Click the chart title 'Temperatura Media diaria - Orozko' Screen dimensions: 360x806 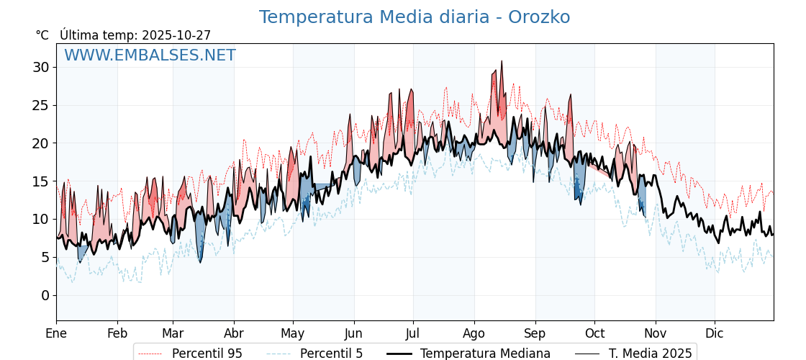[415, 17]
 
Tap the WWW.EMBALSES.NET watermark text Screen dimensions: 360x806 [150, 55]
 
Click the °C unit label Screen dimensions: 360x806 [42, 35]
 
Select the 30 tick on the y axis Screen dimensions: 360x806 [40, 67]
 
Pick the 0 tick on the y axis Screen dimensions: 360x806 [45, 295]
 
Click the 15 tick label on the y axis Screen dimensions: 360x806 [40, 181]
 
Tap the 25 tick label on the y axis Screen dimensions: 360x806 [40, 105]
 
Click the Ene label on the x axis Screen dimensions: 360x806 [56, 333]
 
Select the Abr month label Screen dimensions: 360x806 [234, 333]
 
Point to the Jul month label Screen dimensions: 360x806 [413, 333]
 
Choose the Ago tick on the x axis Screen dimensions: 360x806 [474, 333]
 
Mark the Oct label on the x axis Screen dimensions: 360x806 [594, 333]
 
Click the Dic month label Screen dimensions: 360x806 [715, 333]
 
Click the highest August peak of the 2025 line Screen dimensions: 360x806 [502, 61]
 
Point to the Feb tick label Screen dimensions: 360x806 [117, 333]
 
